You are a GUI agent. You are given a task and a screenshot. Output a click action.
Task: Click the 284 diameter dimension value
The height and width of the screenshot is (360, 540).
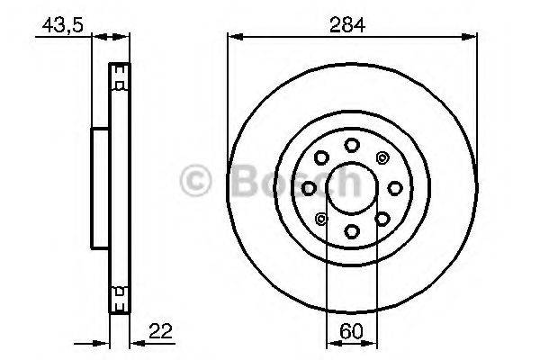pos(351,25)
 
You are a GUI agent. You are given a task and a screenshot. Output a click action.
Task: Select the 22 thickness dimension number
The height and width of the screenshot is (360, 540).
pos(160,328)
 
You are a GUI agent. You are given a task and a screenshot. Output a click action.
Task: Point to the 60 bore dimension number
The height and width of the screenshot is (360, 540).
pos(351,329)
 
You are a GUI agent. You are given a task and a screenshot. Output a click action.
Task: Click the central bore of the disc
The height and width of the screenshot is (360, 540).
pos(351,187)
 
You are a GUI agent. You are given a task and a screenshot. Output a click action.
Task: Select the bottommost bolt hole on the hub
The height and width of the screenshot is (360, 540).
pos(351,231)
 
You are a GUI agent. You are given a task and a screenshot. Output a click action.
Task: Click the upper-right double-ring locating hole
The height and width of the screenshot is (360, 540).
pos(382,157)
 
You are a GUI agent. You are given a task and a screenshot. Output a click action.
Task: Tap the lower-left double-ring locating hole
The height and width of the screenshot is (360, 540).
pos(320,218)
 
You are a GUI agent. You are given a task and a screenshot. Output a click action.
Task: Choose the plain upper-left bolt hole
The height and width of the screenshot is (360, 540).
pos(320,157)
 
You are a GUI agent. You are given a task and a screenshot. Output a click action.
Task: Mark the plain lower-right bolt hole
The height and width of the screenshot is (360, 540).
pos(382,218)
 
